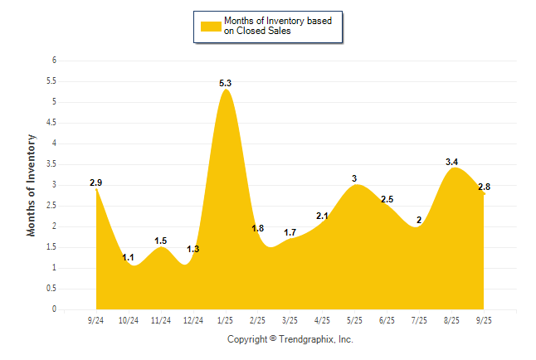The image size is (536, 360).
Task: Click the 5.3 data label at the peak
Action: coord(225,83)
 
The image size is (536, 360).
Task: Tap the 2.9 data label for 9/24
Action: coord(96,182)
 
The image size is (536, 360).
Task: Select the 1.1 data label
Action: coord(129,258)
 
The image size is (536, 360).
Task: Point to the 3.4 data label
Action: coord(452,162)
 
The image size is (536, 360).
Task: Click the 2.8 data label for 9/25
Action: coord(485,187)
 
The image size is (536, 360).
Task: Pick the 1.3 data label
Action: coord(193,249)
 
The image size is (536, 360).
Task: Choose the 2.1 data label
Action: coord(323,216)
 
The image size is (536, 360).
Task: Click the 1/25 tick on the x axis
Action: coord(226,320)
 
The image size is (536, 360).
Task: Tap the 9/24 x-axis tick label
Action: coord(96,320)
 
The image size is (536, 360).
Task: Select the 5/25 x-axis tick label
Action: coord(355,320)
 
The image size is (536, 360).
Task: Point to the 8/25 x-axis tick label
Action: coord(452,320)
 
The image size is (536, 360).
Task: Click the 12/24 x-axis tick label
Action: coord(193,320)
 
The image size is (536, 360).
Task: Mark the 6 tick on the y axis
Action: coord(54,61)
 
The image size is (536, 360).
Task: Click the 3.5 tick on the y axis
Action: coord(51,164)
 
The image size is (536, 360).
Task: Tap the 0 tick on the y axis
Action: coord(54,309)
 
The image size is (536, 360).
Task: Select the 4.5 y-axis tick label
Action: coord(51,123)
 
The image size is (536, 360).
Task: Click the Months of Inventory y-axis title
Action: coord(32,185)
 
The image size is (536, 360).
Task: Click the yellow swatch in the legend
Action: coord(211,27)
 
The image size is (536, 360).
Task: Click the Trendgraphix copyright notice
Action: coord(290,339)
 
